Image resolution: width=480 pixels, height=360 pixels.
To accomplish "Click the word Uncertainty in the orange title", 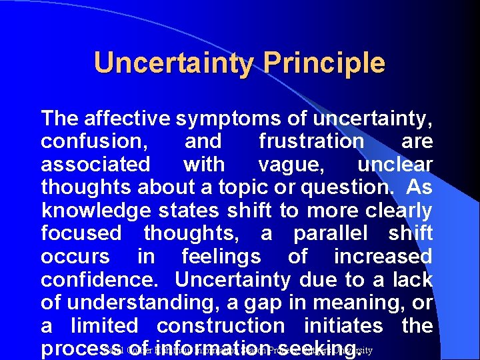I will tap(174, 63).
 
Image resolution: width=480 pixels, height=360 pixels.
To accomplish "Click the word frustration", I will tap(311, 141).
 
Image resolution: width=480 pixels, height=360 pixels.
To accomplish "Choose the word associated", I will tap(95, 164).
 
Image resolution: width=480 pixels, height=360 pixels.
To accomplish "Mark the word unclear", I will tap(395, 164).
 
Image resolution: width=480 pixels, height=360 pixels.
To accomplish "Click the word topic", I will tap(245, 187).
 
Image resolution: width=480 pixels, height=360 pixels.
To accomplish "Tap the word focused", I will tap(81, 233).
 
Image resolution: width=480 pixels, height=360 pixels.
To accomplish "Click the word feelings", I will tap(221, 257).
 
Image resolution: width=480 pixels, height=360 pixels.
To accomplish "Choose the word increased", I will tap(383, 257).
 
